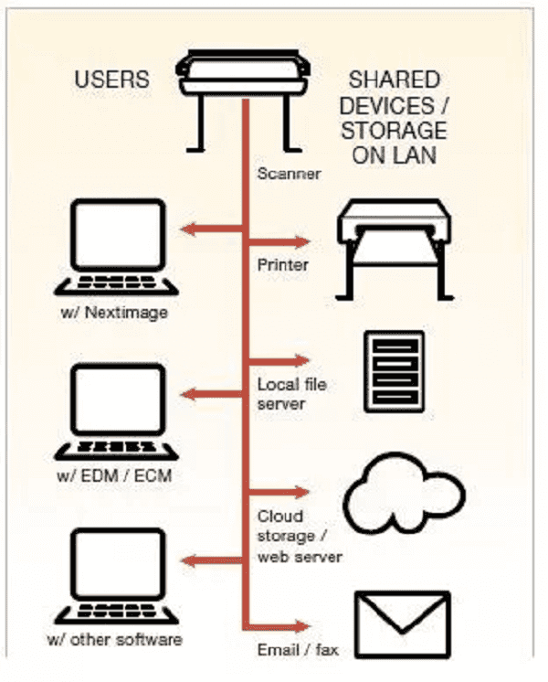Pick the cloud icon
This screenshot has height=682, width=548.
click(x=402, y=498)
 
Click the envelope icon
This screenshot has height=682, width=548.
click(x=402, y=623)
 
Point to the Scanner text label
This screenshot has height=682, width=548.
click(x=289, y=172)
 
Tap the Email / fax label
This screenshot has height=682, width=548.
click(x=298, y=650)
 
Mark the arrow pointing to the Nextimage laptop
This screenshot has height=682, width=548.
click(x=211, y=229)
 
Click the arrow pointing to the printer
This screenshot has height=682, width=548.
click(x=279, y=243)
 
